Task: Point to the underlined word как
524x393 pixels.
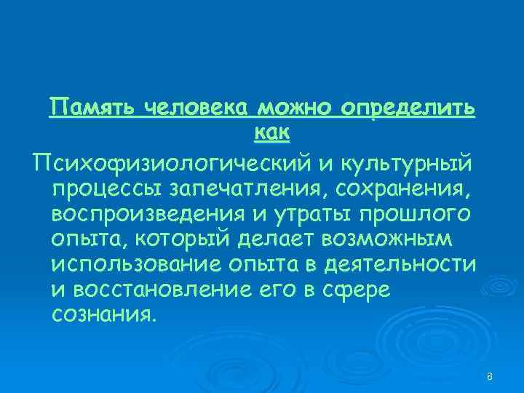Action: click(x=272, y=132)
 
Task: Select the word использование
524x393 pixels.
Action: click(x=128, y=265)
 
